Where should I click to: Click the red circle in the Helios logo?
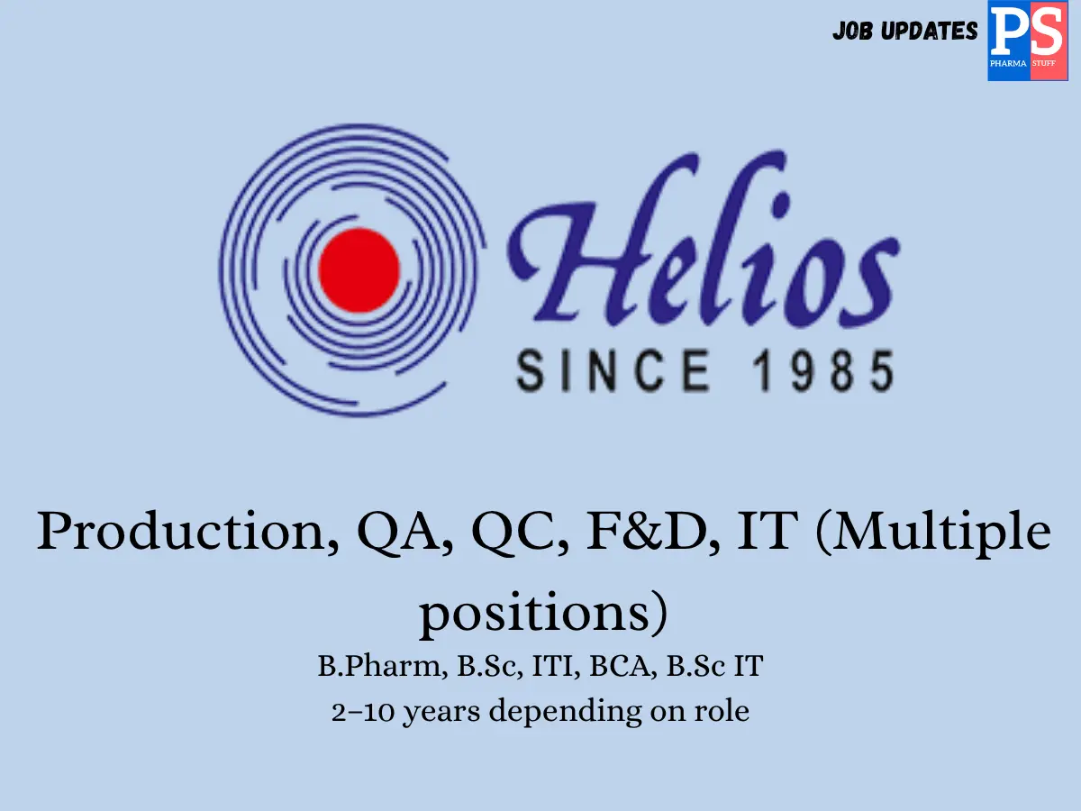click(x=359, y=269)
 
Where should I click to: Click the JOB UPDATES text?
click(x=904, y=32)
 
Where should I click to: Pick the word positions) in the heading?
click(x=545, y=614)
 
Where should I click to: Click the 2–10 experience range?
click(x=362, y=712)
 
